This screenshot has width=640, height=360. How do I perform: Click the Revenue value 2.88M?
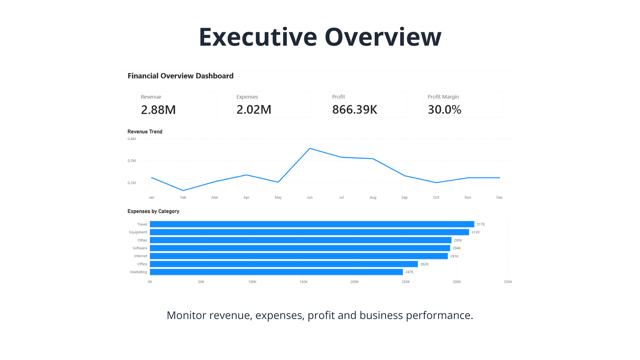158,110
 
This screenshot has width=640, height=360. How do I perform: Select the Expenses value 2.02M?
254,109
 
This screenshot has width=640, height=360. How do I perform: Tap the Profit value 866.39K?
355,109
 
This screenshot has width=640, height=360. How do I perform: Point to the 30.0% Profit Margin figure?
445,109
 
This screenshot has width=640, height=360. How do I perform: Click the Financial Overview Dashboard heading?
180,76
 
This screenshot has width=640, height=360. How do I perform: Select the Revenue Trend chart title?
145,132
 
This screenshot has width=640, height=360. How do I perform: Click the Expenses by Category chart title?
153,211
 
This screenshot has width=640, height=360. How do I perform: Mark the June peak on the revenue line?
310,148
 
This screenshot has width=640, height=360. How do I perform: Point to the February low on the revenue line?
183,191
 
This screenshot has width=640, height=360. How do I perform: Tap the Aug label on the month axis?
373,197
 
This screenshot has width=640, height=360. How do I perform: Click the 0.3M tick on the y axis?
132,161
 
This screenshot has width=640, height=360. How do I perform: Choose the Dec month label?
499,197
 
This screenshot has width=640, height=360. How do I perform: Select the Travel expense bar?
312,224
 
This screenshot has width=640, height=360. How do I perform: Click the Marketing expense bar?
276,272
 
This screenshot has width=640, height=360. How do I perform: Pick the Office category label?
142,264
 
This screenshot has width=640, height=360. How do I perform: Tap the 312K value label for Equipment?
476,232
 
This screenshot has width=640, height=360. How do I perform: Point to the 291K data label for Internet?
454,256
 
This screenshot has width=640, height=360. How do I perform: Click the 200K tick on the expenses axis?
355,282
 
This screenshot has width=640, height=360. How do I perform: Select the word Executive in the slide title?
258,37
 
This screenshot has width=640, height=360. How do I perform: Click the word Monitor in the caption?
186,315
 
